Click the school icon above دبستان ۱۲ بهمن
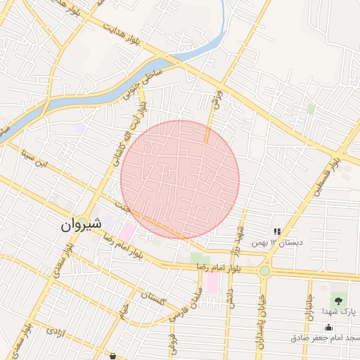(x=277, y=231)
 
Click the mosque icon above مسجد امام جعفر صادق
(x=328, y=327)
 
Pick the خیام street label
(x=124, y=307)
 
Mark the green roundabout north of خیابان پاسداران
(x=264, y=271)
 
